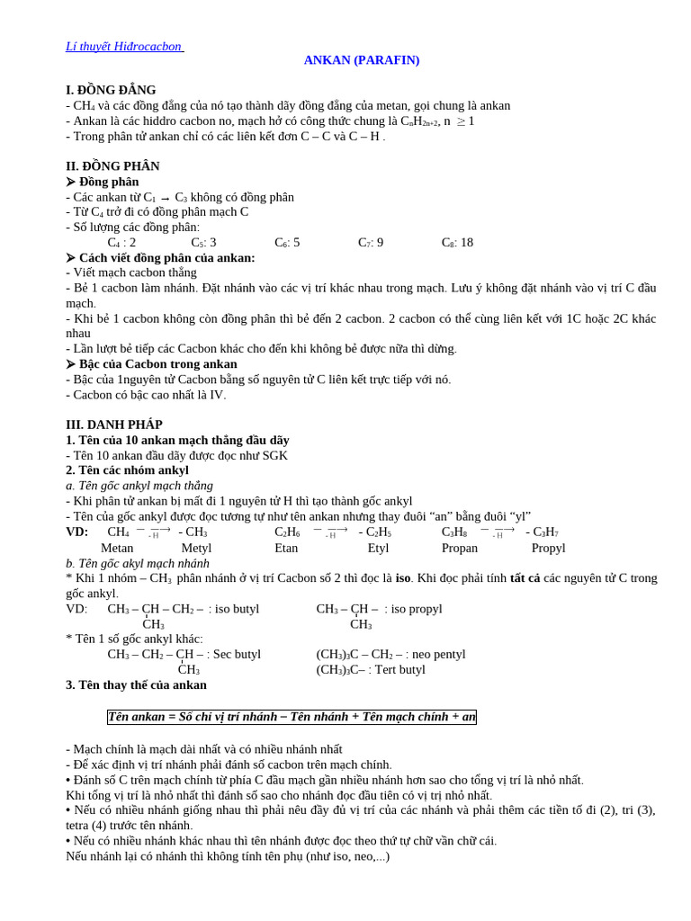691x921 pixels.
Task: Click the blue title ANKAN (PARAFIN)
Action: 361,60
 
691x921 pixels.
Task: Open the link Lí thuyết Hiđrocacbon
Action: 123,46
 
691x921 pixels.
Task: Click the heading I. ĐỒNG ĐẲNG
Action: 111,90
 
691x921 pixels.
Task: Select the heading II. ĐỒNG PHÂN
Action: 112,166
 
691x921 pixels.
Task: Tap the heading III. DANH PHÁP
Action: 114,425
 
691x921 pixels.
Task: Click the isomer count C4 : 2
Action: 121,242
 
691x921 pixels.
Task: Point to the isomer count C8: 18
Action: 457,242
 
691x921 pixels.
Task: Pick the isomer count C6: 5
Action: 287,242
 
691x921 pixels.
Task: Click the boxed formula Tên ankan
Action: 292,717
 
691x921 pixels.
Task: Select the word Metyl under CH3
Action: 196,548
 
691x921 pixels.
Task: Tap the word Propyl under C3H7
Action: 548,548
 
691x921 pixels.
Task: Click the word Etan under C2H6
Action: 286,548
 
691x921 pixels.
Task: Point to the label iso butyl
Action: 237,609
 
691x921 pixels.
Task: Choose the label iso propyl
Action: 417,609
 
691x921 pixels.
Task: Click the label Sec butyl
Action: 237,654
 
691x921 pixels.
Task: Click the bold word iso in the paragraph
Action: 402,578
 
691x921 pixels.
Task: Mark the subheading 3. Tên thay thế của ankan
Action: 136,684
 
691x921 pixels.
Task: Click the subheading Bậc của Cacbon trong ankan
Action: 158,364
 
